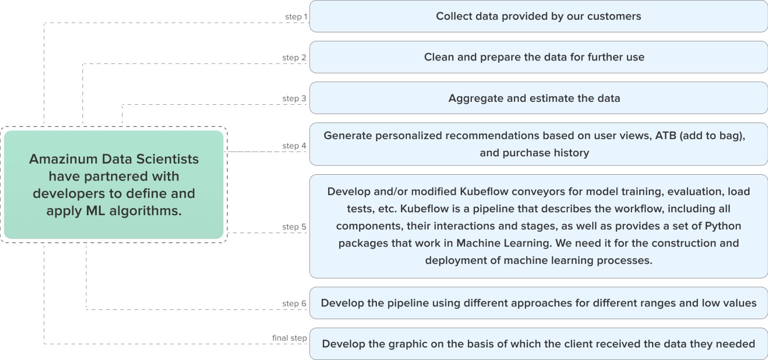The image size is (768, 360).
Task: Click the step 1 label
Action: click(x=296, y=17)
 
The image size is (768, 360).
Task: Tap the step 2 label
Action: click(x=294, y=57)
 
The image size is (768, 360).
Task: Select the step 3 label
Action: click(x=294, y=98)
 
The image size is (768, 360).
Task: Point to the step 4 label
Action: click(x=294, y=146)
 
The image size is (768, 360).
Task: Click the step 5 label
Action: click(x=294, y=227)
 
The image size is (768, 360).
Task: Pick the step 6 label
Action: click(x=294, y=304)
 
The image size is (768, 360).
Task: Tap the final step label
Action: click(x=289, y=338)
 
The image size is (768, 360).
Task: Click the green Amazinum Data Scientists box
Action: click(x=114, y=185)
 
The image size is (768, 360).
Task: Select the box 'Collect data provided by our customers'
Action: click(x=538, y=16)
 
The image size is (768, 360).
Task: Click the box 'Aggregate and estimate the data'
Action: click(x=538, y=98)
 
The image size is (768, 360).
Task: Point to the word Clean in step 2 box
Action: click(x=439, y=57)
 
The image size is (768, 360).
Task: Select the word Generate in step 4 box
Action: click(x=348, y=136)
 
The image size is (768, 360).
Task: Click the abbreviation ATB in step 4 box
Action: click(x=666, y=136)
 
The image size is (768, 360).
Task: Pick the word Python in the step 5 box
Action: click(x=723, y=226)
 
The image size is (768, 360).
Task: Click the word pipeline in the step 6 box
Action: click(x=408, y=303)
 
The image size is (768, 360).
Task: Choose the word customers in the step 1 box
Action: click(x=614, y=16)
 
